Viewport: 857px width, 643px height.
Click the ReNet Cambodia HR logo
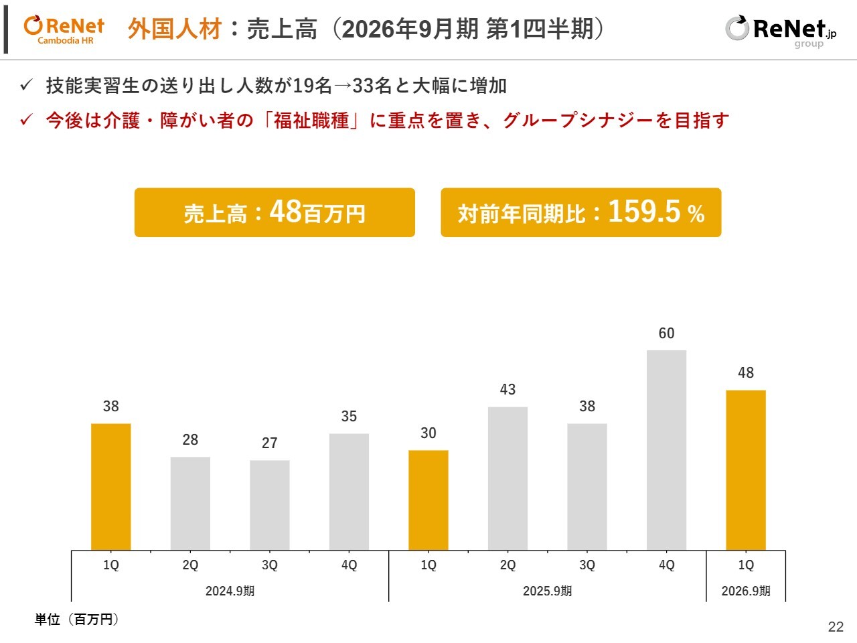(64, 30)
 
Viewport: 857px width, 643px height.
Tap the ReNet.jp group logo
(781, 31)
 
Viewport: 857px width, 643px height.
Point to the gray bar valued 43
(508, 478)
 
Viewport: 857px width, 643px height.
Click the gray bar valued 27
(269, 505)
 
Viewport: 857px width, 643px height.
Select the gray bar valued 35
(349, 492)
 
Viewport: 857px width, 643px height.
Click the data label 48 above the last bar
(746, 373)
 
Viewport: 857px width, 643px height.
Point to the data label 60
(666, 334)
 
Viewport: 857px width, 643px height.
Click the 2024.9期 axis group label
(230, 591)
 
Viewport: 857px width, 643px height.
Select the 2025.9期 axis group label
(547, 591)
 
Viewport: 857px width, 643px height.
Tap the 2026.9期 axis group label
(745, 591)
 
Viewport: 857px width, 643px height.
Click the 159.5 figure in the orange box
(644, 212)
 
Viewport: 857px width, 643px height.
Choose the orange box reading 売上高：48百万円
(275, 212)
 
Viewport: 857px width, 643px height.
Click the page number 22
(836, 627)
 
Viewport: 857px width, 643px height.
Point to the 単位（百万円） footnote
(77, 620)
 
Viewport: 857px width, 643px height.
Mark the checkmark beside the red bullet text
(26, 121)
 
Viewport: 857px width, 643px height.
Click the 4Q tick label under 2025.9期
(666, 565)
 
